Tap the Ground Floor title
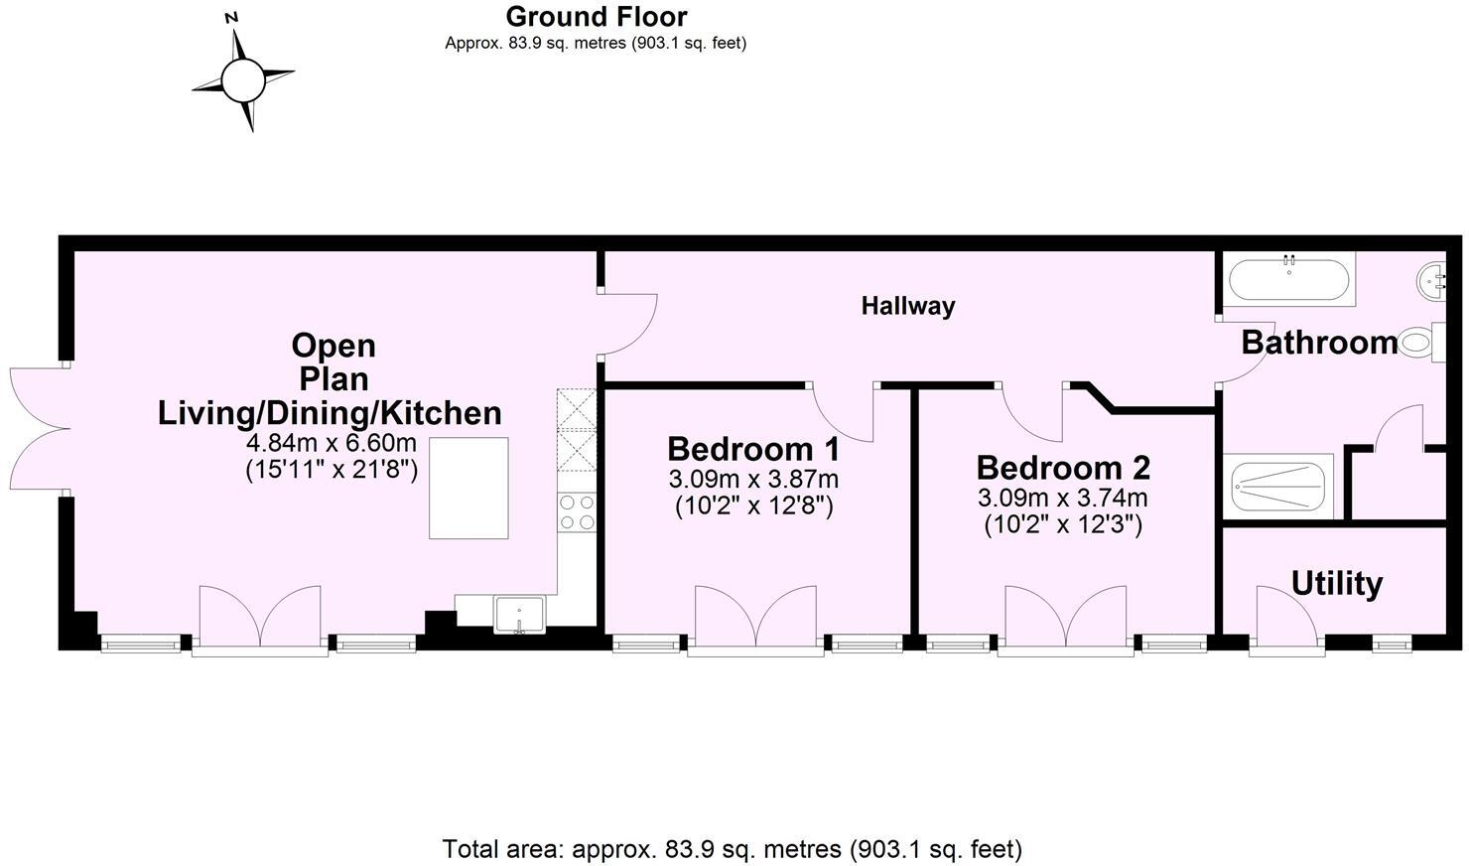(x=596, y=17)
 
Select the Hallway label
(x=907, y=306)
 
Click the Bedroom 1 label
(x=753, y=449)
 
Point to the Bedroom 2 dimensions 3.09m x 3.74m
(x=1062, y=498)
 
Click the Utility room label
(x=1336, y=583)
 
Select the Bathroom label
(x=1318, y=343)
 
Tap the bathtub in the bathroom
(x=1288, y=280)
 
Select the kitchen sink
(x=519, y=613)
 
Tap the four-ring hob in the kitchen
(x=577, y=511)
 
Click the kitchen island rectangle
(x=468, y=488)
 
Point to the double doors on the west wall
(x=40, y=428)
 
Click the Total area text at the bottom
(x=732, y=849)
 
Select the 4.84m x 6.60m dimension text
(x=331, y=443)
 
